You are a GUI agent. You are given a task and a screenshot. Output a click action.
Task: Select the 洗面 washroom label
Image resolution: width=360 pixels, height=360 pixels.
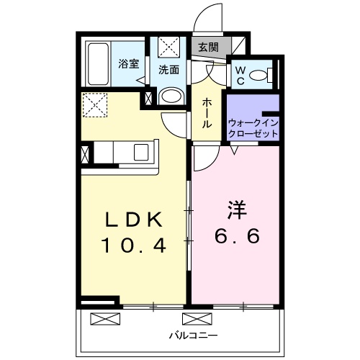(169, 70)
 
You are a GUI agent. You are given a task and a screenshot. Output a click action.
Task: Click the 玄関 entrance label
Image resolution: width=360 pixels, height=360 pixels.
(209, 47)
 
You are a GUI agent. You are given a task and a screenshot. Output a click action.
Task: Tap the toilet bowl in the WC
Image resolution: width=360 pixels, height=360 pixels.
(263, 73)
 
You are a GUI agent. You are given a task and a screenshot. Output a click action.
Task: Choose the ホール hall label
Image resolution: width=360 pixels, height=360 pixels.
(207, 113)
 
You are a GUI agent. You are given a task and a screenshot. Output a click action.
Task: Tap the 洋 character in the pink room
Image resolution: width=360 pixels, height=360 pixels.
(238, 211)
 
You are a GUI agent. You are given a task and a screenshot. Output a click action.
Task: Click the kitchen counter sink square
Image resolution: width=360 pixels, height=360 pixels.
(140, 152)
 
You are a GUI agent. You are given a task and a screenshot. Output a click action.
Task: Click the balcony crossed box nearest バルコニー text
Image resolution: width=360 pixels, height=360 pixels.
(193, 319)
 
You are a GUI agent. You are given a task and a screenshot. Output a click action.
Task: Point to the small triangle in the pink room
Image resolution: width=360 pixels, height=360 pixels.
(235, 150)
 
